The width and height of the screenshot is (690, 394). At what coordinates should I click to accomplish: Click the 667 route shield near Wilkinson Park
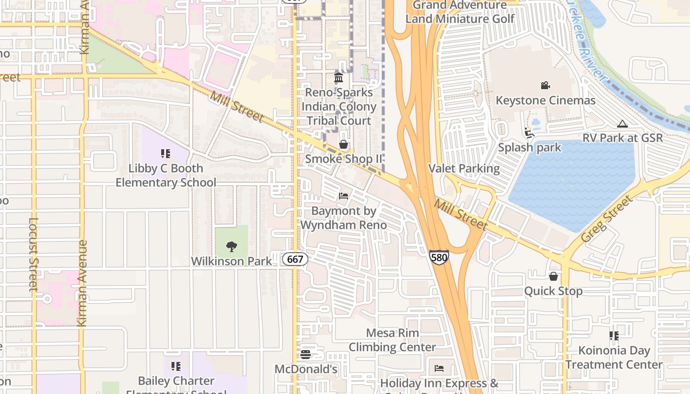coord(295,259)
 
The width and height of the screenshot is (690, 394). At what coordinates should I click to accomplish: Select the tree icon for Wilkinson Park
coord(231,247)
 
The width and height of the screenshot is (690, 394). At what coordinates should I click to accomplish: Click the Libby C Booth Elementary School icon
coord(166,154)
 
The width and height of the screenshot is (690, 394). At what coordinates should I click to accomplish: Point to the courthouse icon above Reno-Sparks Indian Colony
coord(339,78)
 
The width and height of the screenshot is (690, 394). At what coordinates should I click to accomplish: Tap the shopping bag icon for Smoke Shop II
coord(344,144)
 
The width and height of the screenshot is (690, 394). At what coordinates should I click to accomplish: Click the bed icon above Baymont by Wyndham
coord(344,196)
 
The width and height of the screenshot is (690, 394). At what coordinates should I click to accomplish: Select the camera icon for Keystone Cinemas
coord(545,86)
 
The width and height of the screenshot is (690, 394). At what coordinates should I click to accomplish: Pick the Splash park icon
coord(529,133)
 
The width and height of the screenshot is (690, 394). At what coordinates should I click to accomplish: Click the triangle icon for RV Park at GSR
coord(622,124)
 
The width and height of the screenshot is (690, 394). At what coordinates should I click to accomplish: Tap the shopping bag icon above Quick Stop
coord(553,276)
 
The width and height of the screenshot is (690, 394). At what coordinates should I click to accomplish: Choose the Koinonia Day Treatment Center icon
coord(614,336)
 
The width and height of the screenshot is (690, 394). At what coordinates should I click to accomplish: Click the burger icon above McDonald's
coord(306,355)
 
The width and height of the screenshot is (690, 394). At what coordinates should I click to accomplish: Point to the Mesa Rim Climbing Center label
coord(392,340)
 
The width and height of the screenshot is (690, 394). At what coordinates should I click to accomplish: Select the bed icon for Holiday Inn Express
coord(439,368)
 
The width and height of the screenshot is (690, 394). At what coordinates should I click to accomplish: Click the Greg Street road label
coord(607,218)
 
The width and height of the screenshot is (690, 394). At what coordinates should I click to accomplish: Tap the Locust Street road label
coord(33,255)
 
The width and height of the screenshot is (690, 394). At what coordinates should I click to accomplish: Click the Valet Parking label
coord(464,168)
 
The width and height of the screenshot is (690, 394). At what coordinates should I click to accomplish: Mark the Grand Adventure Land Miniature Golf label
coord(459,12)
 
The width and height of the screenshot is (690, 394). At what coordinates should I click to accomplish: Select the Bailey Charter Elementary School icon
coord(176,366)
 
